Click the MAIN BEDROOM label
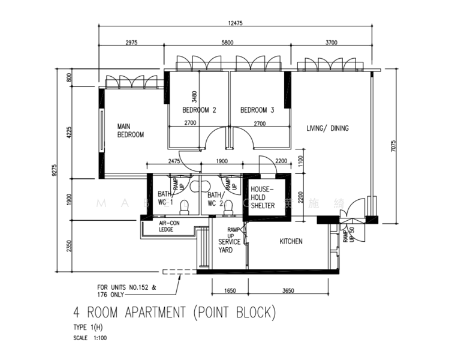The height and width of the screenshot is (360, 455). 130,131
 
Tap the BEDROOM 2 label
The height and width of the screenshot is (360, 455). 199,110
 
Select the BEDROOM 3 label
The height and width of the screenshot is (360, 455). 257,110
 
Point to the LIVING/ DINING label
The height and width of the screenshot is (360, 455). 327,128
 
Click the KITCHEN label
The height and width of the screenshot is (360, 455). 291,242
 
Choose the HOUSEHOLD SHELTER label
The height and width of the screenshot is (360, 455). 262,197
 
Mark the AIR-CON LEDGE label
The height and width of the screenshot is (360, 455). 170,226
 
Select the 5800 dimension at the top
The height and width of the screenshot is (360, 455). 228,43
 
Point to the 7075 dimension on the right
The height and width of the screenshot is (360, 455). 393,148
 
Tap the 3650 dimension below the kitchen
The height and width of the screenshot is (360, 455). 288,290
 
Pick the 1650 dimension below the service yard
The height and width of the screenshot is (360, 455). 228,290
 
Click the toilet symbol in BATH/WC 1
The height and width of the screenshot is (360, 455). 185,206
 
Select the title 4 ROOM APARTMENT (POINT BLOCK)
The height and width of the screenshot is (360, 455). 174,313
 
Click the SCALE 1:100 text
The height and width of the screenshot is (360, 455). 90,338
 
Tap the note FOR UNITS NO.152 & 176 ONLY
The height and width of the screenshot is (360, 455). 126,290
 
